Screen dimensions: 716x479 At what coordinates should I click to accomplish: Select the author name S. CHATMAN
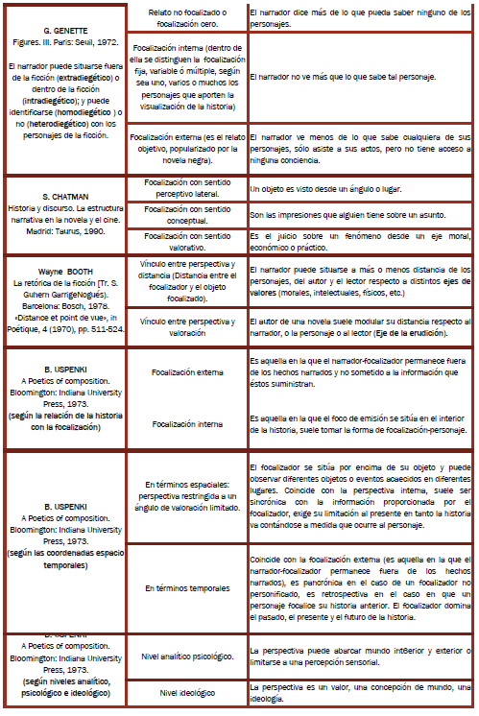coord(64,197)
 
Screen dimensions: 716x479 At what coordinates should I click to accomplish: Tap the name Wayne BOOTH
coord(65,273)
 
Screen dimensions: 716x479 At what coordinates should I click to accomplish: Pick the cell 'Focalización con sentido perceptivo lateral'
coord(186,187)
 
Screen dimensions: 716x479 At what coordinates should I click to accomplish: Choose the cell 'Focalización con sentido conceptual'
coord(186,214)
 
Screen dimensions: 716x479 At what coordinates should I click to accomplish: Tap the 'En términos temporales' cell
coord(186,587)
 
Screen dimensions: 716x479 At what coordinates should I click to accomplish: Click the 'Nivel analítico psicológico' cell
coord(187,657)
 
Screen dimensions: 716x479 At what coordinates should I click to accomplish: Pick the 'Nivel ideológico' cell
coord(187,693)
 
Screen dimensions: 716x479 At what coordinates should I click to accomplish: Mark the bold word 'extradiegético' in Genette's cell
coord(89,74)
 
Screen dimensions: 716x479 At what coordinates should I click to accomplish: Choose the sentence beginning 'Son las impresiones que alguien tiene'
coord(344,215)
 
